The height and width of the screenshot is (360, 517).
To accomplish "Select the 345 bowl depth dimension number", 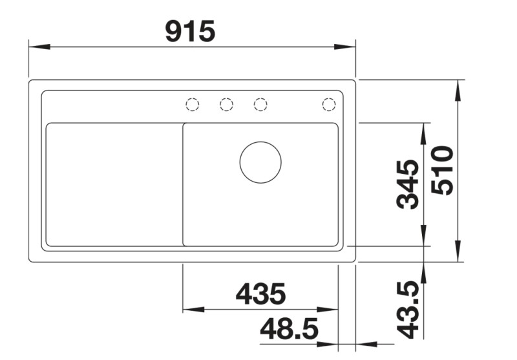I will [x=407, y=185].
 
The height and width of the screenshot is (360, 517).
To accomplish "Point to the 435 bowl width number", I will [x=260, y=295].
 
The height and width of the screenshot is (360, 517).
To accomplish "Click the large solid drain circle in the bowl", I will [x=260, y=162].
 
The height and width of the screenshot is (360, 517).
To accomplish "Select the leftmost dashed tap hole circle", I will [x=192, y=104].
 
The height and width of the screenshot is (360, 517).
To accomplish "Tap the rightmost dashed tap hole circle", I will [x=329, y=104].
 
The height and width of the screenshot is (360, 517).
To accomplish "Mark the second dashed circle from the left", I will [x=226, y=104].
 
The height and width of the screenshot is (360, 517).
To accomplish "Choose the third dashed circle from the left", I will [x=260, y=104].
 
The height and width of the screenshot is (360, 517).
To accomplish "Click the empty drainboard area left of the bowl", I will [x=114, y=184].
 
